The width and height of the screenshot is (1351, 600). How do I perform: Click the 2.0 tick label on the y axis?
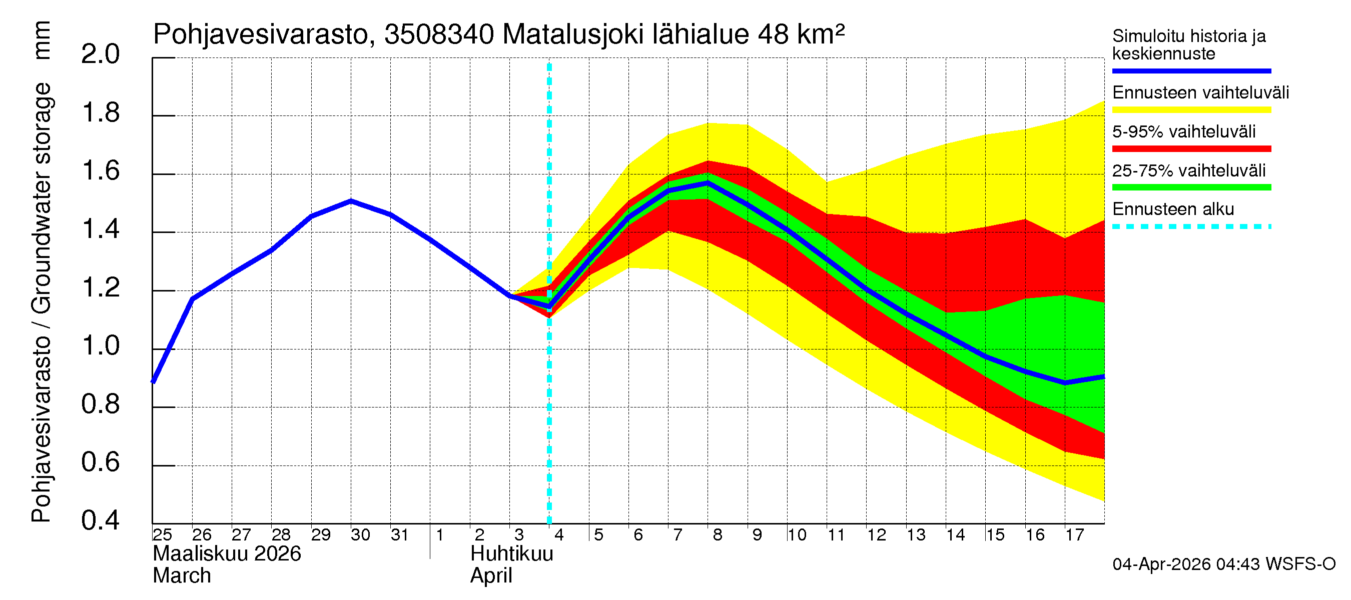100,54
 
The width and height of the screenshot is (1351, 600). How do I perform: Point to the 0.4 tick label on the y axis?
100,520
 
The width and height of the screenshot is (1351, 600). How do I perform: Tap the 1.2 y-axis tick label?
100,287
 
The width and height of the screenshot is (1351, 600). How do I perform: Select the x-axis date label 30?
360,535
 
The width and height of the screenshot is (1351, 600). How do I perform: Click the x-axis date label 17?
1075,535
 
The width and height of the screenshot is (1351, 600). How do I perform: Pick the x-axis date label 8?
718,535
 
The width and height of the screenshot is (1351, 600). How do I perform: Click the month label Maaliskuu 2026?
227,554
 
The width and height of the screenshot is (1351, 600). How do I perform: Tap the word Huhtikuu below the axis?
511,554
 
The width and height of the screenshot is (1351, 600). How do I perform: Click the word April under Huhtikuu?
491,576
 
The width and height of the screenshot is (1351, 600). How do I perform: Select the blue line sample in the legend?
1191,70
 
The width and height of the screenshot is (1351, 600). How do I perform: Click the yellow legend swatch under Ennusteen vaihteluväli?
1191,109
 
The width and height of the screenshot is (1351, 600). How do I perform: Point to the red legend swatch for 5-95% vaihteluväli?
1191,149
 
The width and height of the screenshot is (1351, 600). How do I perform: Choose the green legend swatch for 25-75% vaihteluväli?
1191,187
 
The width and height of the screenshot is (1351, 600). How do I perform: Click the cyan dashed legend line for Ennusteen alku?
1191,226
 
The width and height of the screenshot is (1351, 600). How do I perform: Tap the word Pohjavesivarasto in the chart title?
261,35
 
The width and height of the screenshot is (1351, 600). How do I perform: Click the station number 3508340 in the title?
439,35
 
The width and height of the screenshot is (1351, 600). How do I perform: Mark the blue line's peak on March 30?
351,200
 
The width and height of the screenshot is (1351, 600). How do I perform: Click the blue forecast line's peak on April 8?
708,183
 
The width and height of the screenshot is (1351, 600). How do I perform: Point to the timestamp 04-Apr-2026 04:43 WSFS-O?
1223,564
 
